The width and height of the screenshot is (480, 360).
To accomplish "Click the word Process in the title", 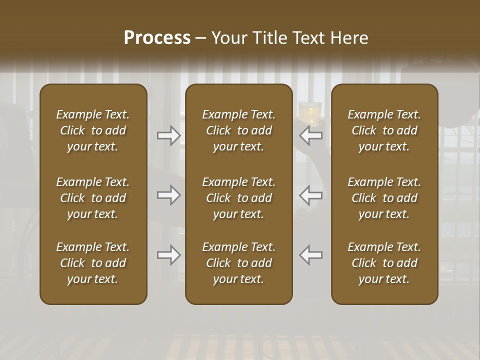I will (157, 38).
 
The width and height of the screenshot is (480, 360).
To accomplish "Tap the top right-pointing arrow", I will (168, 135).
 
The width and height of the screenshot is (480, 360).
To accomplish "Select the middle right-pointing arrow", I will (168, 195).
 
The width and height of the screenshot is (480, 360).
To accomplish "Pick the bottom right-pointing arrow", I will (168, 255).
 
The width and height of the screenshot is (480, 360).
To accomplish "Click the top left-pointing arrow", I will (311, 135).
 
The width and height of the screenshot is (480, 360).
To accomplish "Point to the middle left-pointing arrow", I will (311, 195).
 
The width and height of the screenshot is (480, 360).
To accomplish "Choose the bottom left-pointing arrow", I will (311, 255).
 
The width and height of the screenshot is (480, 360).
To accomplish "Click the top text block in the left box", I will (93, 130).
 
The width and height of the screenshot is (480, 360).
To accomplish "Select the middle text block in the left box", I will (93, 198).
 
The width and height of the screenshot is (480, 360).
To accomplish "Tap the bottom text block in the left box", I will (93, 263).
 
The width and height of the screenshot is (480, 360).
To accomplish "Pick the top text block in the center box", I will (238, 130).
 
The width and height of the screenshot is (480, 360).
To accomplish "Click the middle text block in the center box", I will (238, 198).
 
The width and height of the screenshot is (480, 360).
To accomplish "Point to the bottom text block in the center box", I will (238, 263).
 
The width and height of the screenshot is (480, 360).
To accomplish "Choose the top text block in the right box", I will (384, 130).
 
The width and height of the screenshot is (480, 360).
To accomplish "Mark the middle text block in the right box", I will (384, 198).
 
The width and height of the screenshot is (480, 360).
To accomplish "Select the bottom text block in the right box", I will (384, 263).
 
